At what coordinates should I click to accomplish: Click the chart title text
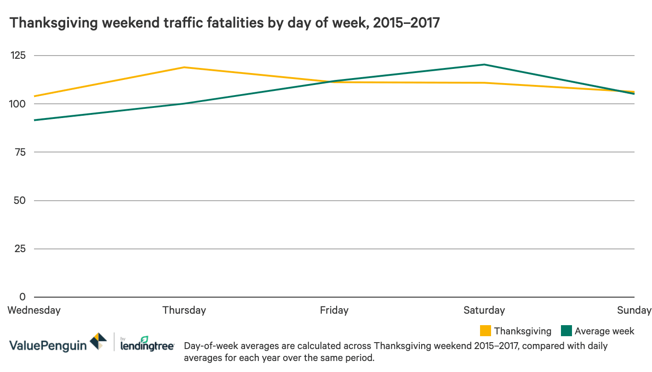coord(225,23)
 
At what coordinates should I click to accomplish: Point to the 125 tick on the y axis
coord(18,56)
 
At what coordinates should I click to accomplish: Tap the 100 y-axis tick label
coord(18,104)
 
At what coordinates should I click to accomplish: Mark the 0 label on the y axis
coord(23,297)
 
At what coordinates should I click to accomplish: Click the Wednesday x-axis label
coord(34,310)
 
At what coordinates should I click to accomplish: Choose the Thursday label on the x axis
coord(184,310)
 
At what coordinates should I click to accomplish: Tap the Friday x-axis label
coord(334,310)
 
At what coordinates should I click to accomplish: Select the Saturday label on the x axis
coord(484,310)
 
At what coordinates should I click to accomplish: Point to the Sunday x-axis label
coord(634,310)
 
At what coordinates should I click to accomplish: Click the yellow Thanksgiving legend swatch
coord(486,331)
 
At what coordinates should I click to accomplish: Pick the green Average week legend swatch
coord(566,331)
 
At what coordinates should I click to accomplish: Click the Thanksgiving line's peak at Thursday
coord(184,68)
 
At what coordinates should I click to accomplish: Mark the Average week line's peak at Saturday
coord(484,65)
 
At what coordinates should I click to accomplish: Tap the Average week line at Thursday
coord(184,104)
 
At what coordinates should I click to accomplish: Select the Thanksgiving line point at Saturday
coord(484,83)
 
